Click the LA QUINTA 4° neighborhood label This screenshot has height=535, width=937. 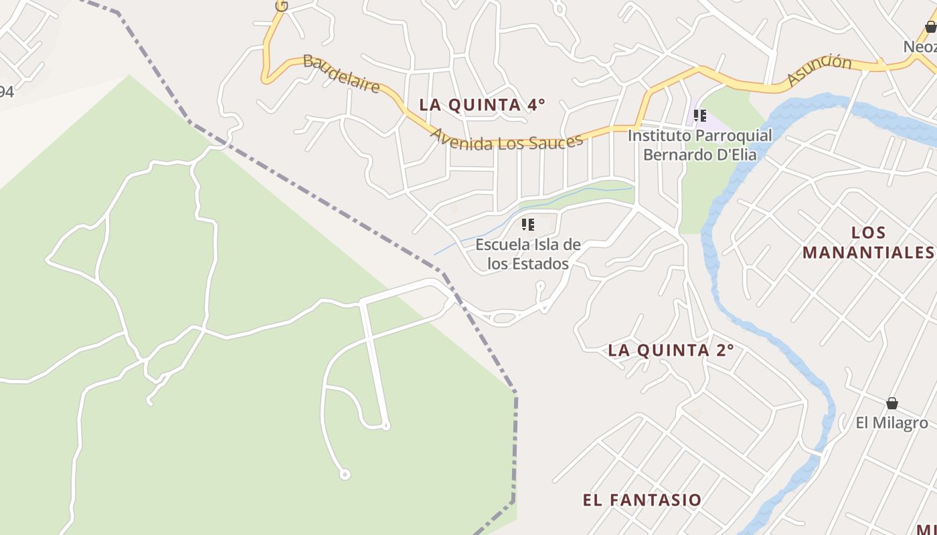[482, 105]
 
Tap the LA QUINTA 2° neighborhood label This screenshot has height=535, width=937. [671, 350]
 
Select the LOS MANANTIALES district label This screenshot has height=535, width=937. [868, 243]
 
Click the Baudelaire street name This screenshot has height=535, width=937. [341, 74]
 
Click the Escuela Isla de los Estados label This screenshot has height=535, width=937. [528, 254]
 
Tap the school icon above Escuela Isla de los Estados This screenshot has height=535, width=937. [528, 225]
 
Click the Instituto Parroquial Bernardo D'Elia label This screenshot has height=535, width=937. [699, 145]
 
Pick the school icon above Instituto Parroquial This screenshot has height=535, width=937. [700, 116]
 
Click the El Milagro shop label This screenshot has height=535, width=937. [891, 423]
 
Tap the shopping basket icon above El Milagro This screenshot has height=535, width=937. [891, 403]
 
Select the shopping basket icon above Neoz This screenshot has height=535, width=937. [930, 27]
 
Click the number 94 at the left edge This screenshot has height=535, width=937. [6, 92]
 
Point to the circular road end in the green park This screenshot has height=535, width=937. [345, 474]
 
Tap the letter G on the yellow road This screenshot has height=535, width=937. [282, 5]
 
